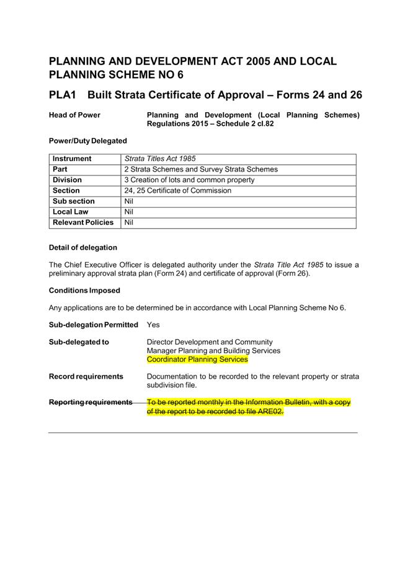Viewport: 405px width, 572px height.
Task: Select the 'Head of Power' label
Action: (74, 115)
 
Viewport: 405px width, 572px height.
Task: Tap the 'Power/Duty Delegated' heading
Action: (87, 141)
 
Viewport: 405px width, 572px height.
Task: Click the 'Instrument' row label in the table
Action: (72, 159)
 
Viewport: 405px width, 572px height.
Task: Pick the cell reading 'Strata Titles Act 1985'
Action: (160, 159)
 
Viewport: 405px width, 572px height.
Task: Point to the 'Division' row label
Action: (67, 180)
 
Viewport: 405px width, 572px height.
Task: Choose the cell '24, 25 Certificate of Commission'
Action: (177, 191)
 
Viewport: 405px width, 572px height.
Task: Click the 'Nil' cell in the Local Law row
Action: (129, 212)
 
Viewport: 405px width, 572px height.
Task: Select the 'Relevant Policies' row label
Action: (83, 222)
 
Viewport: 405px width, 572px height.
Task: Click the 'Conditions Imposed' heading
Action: (84, 290)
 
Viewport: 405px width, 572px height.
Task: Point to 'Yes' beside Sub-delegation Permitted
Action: (153, 325)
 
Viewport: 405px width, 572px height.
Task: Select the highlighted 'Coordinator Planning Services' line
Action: (197, 359)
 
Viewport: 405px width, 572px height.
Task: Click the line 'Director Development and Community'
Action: (210, 342)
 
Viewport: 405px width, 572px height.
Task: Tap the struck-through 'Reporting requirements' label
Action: (91, 402)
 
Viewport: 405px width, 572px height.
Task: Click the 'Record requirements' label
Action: (86, 376)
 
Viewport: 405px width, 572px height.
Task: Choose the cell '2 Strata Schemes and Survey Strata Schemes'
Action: (201, 169)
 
